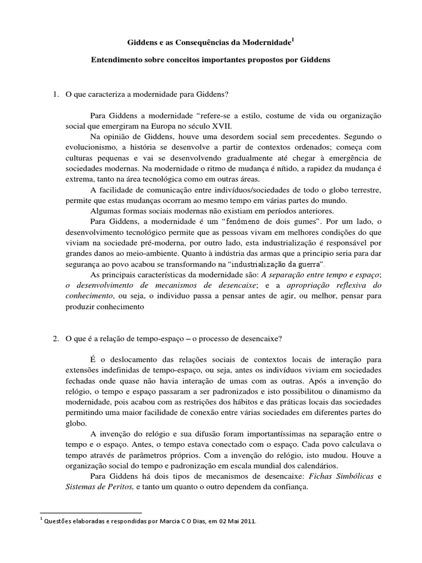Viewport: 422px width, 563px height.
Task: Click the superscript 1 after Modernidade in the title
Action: coord(293,39)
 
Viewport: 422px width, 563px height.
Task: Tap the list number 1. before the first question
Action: coord(56,94)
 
